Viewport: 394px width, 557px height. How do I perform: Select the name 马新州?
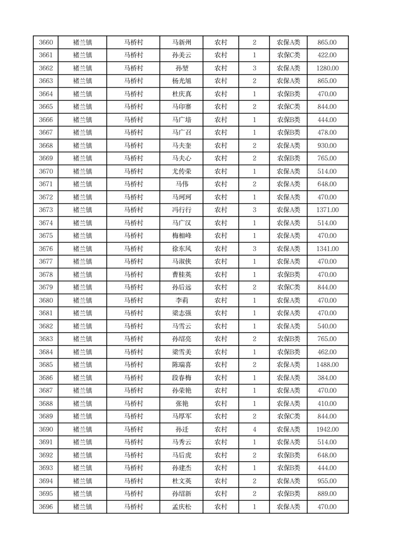coord(181,43)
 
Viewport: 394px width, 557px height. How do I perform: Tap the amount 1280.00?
coord(327,69)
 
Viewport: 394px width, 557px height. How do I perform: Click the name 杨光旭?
coord(181,81)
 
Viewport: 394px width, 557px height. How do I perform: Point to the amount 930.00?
coord(327,146)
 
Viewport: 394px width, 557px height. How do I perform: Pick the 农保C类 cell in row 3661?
coord(288,56)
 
